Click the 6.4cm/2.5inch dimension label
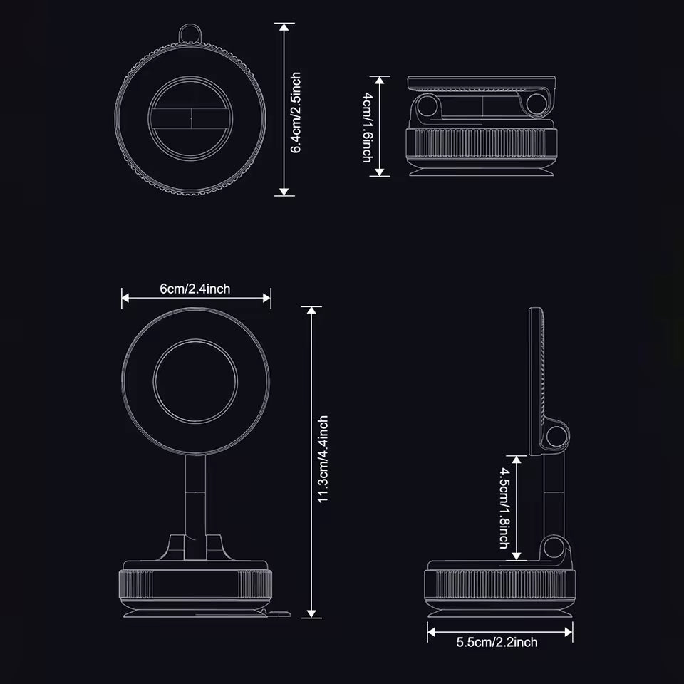296,112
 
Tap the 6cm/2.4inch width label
195,289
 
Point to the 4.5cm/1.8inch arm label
505,507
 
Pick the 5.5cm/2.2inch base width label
497,643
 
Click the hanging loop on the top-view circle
189,32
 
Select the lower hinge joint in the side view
554,549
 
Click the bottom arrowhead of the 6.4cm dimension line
285,191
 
